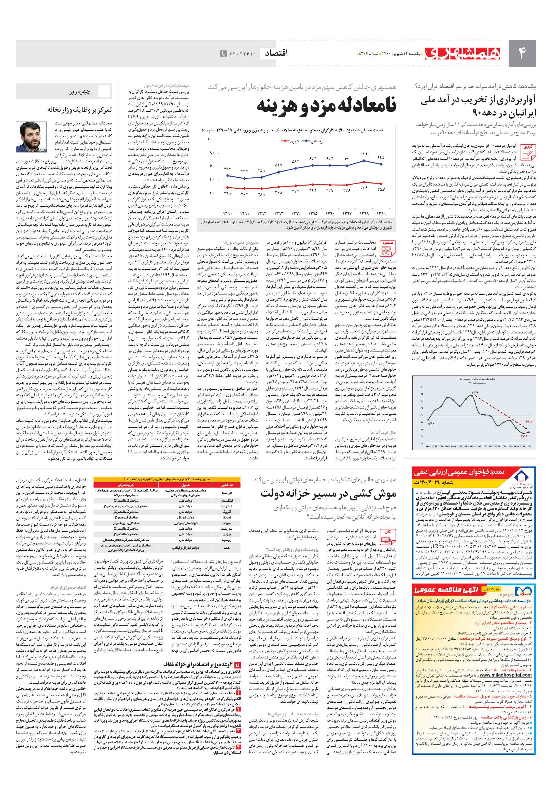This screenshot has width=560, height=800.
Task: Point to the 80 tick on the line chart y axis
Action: (x=212, y=153)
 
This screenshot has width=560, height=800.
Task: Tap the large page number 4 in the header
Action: (x=522, y=53)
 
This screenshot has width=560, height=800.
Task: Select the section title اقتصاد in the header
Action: (x=276, y=53)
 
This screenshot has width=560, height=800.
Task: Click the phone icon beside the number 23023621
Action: (x=223, y=54)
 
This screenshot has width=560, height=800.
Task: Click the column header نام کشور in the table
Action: (x=227, y=485)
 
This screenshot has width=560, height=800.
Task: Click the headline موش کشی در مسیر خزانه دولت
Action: (x=328, y=494)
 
